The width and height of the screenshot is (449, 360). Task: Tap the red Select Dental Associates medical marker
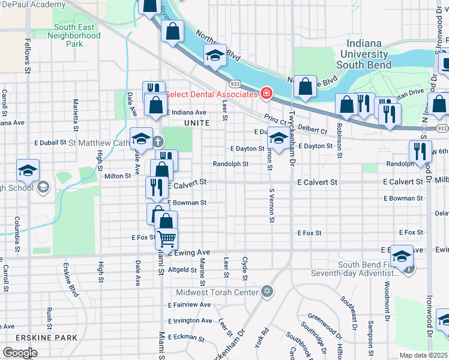[x=265, y=94]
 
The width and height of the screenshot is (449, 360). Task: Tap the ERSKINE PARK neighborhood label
[x=39, y=338]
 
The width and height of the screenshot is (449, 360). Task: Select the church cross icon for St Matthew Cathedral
[x=157, y=142]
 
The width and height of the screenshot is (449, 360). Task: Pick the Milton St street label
[x=118, y=176]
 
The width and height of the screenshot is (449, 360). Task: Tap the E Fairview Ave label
[x=189, y=305]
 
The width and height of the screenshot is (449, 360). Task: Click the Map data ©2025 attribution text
[x=423, y=355]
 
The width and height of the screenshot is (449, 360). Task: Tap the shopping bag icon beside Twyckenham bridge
[x=305, y=87]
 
